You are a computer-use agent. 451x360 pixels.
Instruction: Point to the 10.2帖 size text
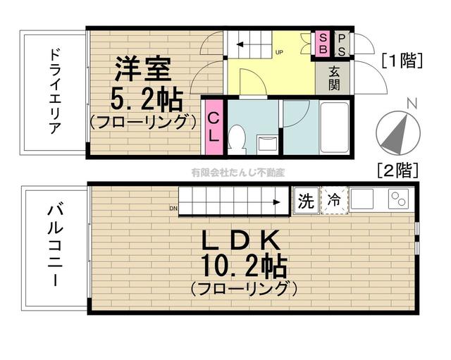click(242, 267)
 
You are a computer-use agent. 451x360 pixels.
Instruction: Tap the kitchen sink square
click(364, 200)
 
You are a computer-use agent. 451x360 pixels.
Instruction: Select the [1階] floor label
click(402, 61)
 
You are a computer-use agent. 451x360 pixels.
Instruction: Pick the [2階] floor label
click(397, 170)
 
